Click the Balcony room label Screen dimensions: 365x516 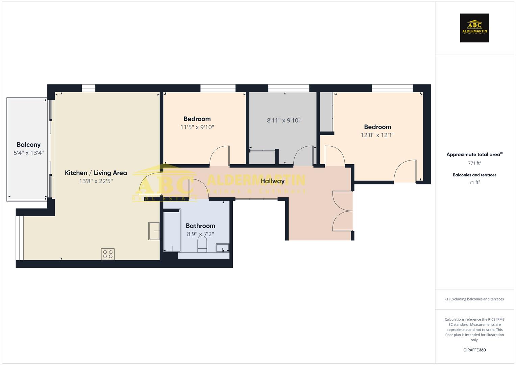[x=28, y=145]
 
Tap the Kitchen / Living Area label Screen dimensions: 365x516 [x=96, y=173]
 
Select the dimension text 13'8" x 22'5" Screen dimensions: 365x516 [x=96, y=181]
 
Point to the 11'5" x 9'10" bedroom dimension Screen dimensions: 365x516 [x=197, y=127]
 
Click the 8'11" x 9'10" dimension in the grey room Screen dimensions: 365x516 [x=284, y=120]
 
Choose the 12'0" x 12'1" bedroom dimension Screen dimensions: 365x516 [x=377, y=135]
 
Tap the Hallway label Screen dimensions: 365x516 [x=272, y=181]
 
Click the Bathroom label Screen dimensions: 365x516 [x=200, y=226]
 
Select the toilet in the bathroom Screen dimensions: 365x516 [x=202, y=244]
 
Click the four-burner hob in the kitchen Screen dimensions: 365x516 [x=108, y=254]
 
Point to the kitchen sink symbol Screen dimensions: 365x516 [x=154, y=231]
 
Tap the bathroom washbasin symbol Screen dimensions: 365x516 [x=223, y=248]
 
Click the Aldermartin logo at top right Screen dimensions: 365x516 [x=474, y=28]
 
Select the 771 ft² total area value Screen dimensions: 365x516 [x=474, y=163]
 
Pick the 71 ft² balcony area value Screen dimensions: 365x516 [x=474, y=182]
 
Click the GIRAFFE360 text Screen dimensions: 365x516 [x=474, y=350]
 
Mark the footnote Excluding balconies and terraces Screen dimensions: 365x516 [x=474, y=299]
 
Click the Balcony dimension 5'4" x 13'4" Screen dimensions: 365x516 [x=28, y=153]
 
